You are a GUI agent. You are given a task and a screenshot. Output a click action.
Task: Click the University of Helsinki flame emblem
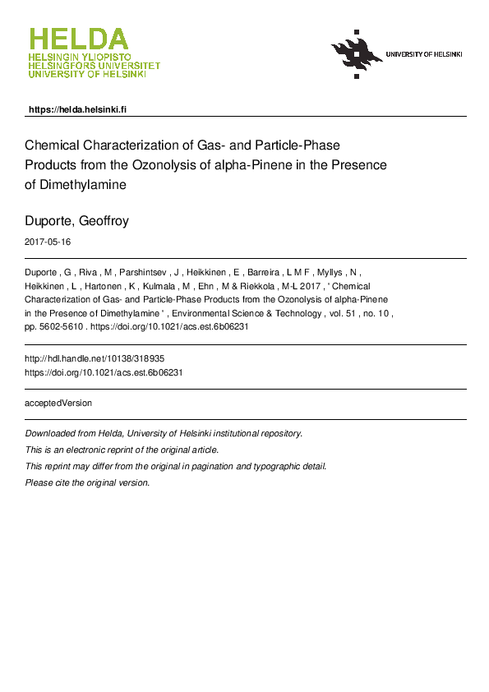point(357,53)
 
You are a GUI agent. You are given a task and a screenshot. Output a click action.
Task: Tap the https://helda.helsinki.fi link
point(77,109)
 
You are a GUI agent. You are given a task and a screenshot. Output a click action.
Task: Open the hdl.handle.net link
point(89,359)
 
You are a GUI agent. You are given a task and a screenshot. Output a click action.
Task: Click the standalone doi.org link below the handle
point(104,372)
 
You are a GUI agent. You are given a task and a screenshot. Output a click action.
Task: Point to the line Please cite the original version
point(88,482)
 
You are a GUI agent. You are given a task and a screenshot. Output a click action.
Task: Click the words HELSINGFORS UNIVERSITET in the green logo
point(95,66)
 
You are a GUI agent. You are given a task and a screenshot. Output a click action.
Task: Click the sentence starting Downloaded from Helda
point(164,433)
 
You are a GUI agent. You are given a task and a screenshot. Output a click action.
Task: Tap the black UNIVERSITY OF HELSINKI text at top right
point(424,54)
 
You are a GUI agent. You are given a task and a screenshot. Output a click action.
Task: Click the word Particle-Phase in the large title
point(293,145)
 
